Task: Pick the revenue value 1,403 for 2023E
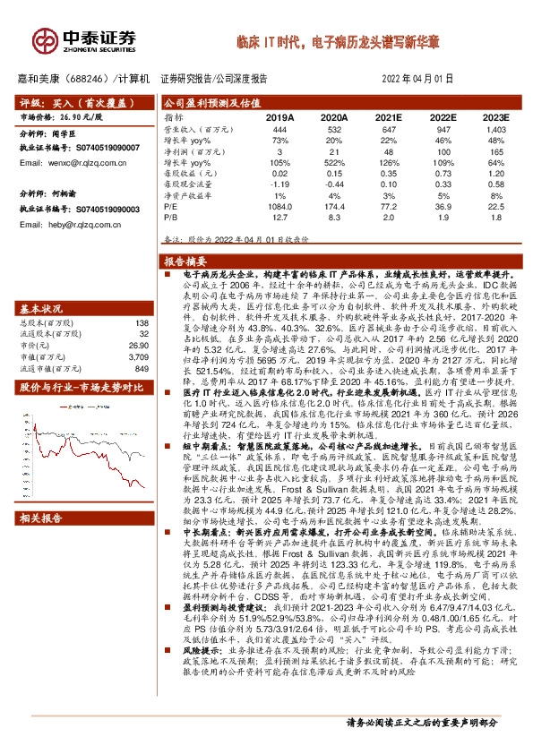(x=495, y=130)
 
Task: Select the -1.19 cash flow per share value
(x=279, y=184)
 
